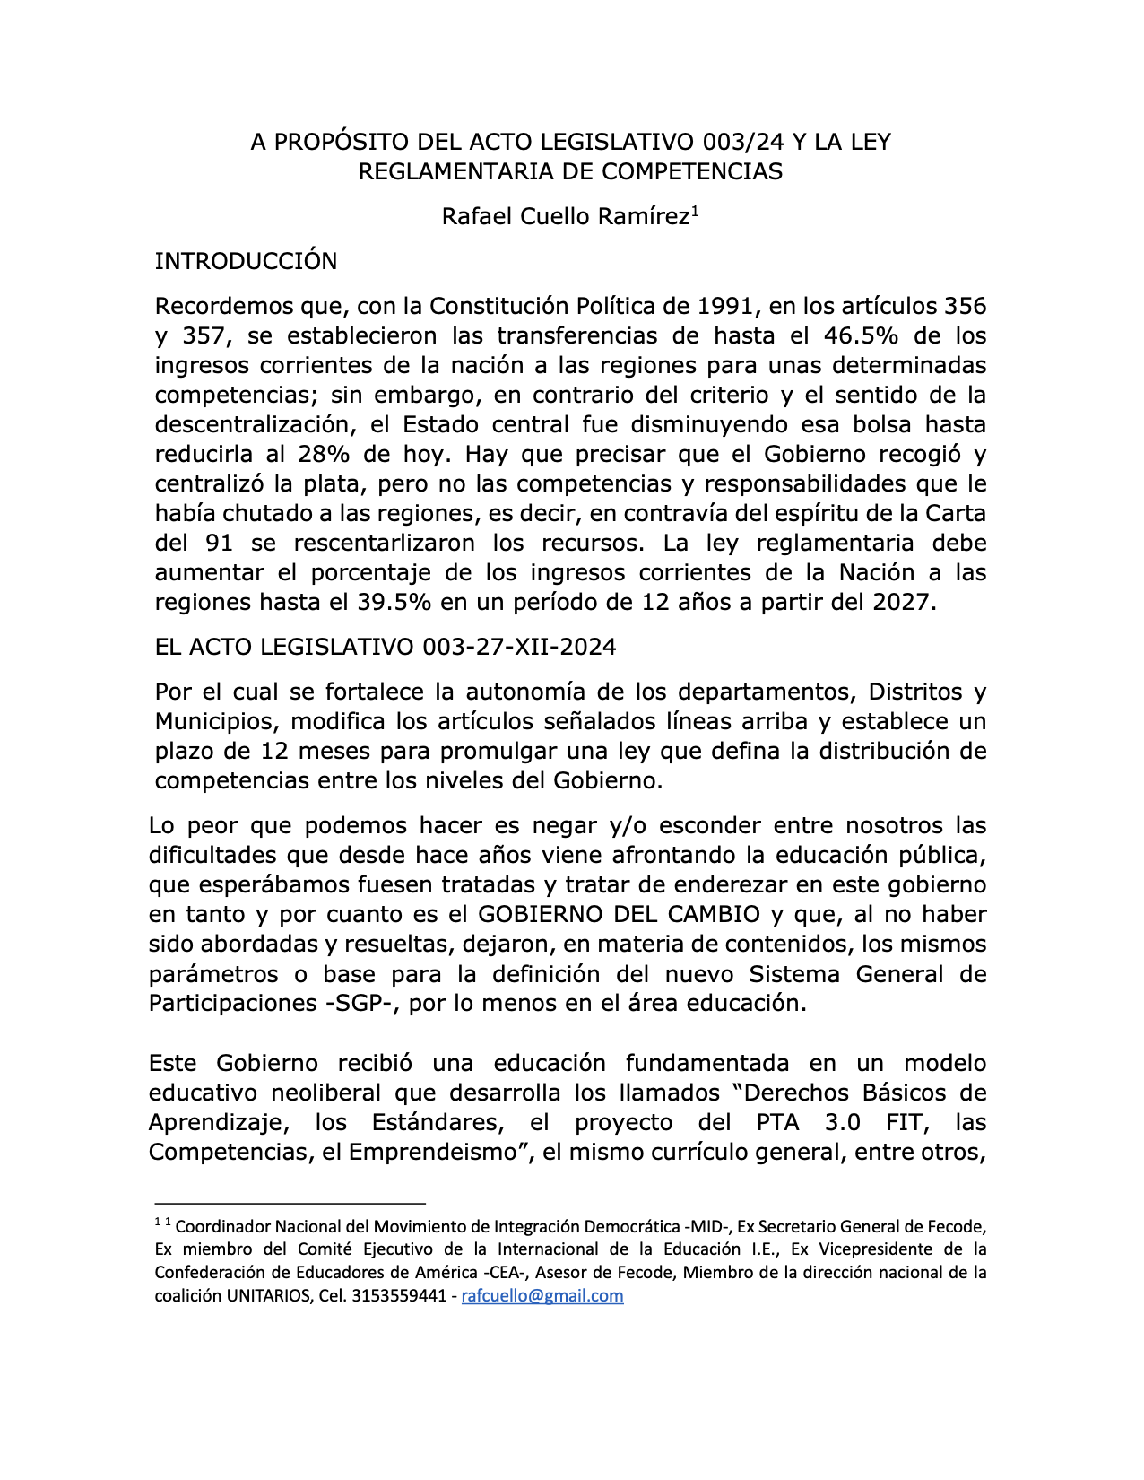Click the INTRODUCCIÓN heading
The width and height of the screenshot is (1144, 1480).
tap(246, 262)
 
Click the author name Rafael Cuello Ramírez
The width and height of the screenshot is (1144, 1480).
tap(566, 217)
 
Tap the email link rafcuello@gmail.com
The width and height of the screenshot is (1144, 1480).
tap(542, 1296)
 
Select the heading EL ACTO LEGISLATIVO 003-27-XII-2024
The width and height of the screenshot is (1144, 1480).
tap(386, 648)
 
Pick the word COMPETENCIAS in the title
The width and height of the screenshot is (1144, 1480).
tap(692, 172)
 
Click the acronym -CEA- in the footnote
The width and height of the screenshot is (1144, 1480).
tap(508, 1273)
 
